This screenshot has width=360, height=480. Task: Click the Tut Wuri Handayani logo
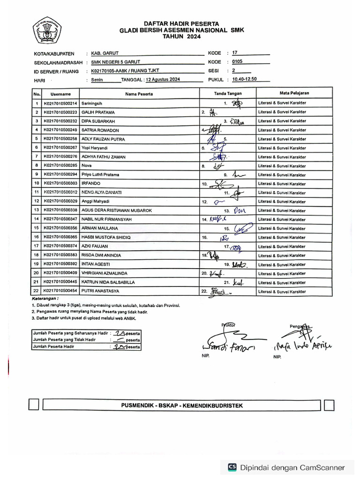pos(47,32)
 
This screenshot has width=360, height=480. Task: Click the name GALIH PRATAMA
pos(98,112)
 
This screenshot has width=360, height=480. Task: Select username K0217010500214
pos(61,103)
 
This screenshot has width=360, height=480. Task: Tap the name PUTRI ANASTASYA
pos(100,291)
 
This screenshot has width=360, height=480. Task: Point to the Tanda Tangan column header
pos(227,94)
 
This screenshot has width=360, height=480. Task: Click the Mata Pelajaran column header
pos(294,93)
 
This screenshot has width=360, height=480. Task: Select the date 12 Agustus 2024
pos(163,80)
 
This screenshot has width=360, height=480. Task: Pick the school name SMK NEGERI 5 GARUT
pos(115,62)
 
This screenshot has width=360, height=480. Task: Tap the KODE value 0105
pos(238,62)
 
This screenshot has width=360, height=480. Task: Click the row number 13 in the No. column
pos(37,210)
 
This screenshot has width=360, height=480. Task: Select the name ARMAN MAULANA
pos(99,228)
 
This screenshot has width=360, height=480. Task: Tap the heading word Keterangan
pos(45,298)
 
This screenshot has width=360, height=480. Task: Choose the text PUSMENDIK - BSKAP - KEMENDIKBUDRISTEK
pos(181,405)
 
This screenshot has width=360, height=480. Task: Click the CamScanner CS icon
pos(232,467)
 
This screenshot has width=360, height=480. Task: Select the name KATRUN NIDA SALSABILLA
pos(108,282)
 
